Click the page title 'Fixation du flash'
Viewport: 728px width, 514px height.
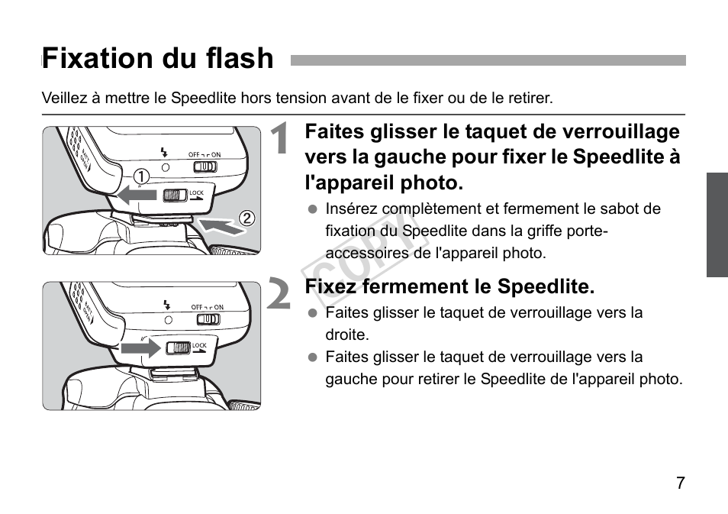pyautogui.click(x=158, y=59)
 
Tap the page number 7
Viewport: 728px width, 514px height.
pyautogui.click(x=680, y=483)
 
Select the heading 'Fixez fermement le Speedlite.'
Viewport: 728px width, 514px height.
pyautogui.click(x=449, y=287)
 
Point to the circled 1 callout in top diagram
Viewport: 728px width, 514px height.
pyautogui.click(x=140, y=176)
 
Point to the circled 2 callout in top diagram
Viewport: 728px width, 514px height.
pyautogui.click(x=246, y=218)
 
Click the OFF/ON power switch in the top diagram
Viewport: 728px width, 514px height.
pyautogui.click(x=205, y=166)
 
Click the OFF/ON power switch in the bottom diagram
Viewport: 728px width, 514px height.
pyautogui.click(x=207, y=319)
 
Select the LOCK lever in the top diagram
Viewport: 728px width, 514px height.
pyautogui.click(x=176, y=195)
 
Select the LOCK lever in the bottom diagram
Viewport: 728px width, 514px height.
pyautogui.click(x=179, y=348)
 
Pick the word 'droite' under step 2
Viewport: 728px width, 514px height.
pyautogui.click(x=346, y=335)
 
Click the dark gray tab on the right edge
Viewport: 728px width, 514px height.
pyautogui.click(x=717, y=225)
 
